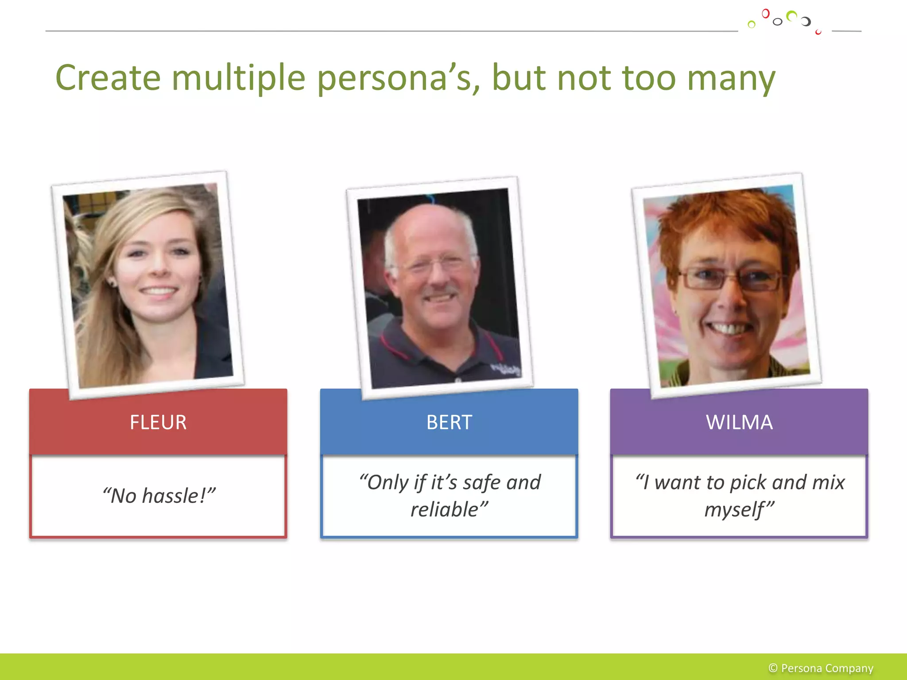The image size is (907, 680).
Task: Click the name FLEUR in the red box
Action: coord(158,422)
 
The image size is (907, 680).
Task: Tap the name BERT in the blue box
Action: coord(449,422)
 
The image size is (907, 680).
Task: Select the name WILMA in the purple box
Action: coord(739,422)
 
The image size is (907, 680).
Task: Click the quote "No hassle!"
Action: coord(159,496)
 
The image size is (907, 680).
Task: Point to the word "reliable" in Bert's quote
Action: coord(445,510)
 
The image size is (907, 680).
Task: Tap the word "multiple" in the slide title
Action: coord(238,78)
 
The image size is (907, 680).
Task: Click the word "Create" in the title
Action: coord(108,78)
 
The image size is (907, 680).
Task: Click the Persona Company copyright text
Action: coord(821,668)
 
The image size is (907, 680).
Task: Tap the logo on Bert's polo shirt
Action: coord(505,369)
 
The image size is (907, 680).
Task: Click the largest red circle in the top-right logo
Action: coord(765,14)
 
